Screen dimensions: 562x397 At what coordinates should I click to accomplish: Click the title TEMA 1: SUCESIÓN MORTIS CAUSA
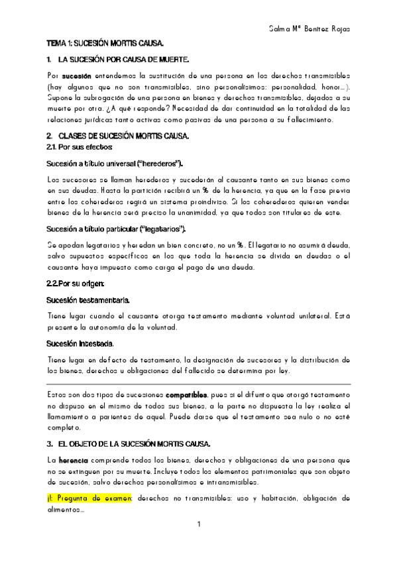pos(105,44)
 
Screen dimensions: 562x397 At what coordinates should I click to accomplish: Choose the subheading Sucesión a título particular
pos(117,229)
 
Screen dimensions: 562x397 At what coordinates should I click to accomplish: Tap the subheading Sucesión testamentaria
pos(88,300)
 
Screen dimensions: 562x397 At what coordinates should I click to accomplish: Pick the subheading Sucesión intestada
pos(80,343)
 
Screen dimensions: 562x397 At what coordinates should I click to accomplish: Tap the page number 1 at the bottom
pos(198,526)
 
